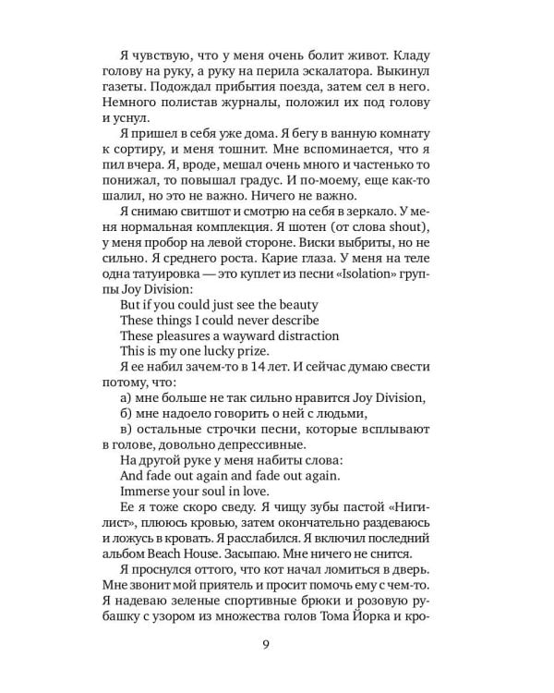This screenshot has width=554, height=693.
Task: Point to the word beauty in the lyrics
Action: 295,305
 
